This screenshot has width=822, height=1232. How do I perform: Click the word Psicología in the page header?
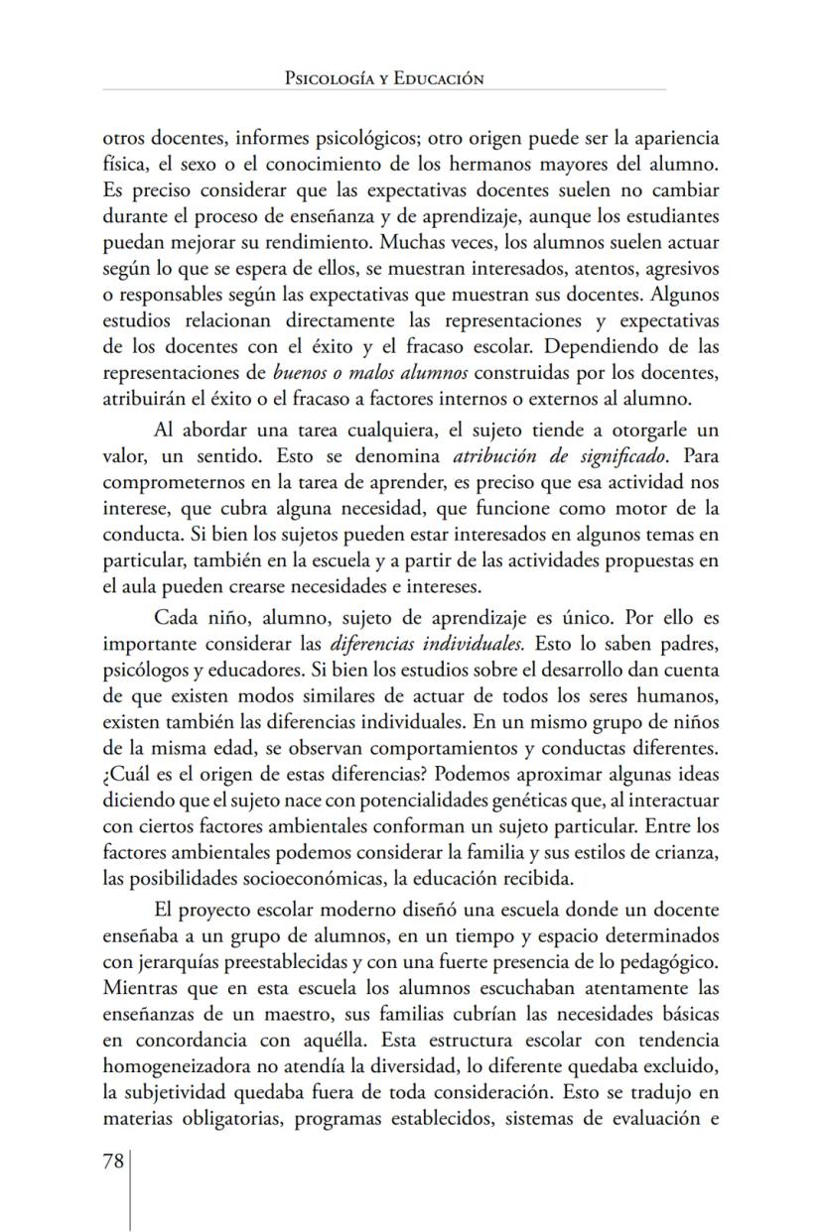(326, 78)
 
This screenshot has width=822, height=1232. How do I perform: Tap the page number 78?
(112, 1162)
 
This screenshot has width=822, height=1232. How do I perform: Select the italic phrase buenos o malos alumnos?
(348, 372)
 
